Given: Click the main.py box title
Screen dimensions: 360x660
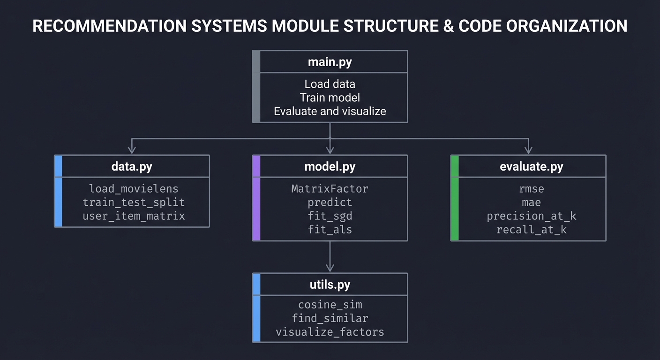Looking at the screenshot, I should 330,62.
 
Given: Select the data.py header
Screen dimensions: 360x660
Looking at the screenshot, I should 132,166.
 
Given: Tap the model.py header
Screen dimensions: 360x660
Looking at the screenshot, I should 330,166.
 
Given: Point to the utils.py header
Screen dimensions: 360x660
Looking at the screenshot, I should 330,285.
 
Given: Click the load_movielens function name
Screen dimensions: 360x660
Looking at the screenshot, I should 134,188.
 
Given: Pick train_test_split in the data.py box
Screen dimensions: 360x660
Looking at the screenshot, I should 134,202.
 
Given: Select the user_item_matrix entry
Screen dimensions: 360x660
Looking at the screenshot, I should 134,216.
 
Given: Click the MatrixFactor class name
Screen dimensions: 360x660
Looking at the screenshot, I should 330,188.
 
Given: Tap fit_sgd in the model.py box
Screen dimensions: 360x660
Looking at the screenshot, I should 330,216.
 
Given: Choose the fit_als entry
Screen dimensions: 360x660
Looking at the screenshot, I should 330,230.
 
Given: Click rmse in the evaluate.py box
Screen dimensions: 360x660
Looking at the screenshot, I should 531,188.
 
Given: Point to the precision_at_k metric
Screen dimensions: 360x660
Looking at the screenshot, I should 531,216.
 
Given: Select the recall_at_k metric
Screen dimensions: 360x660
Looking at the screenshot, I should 531,230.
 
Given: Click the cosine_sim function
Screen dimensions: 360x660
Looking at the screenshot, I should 330,305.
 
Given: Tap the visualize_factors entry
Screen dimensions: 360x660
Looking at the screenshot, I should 330,332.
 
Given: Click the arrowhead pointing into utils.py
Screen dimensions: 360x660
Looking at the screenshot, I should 330,268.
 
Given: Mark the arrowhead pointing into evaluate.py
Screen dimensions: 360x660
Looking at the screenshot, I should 528,150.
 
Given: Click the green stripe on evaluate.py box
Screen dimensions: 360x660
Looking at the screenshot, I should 454,198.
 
